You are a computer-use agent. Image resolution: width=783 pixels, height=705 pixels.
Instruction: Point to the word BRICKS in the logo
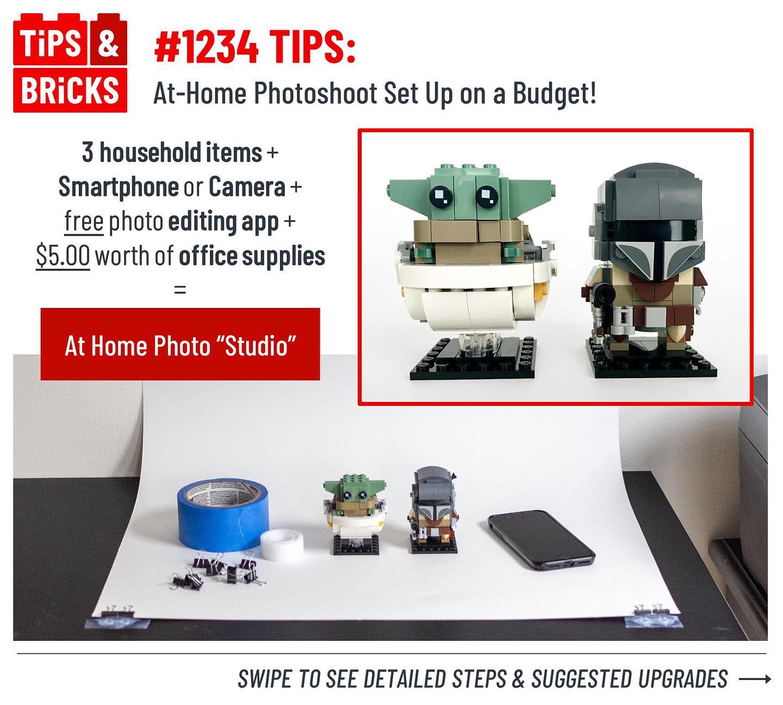70,91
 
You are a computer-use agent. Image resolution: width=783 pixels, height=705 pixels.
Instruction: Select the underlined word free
84,221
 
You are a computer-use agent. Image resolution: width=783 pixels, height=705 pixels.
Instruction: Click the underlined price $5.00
63,256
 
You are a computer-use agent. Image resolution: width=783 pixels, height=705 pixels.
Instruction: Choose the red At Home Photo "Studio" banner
181,344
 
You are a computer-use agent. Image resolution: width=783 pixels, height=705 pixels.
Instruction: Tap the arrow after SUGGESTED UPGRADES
755,679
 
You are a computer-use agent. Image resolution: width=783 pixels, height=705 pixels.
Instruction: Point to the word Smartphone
119,187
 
